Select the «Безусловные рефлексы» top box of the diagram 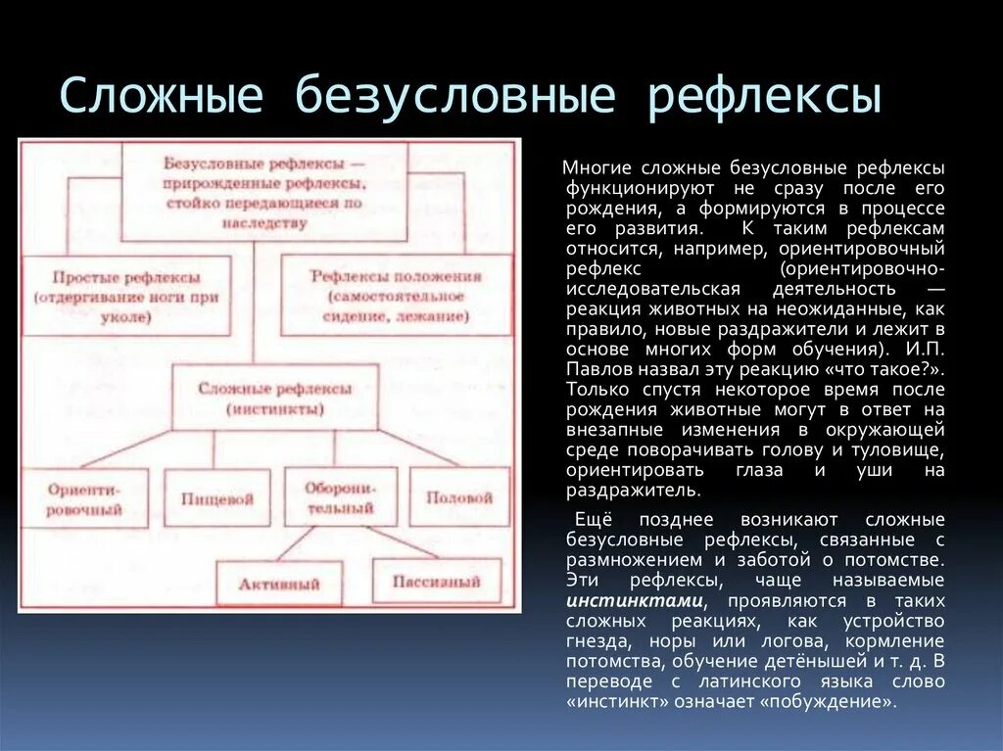click(x=264, y=192)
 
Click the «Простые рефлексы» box click(x=126, y=296)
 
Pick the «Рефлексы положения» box click(x=396, y=296)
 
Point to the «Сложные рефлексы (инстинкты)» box click(x=274, y=398)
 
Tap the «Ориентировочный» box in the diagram click(x=85, y=496)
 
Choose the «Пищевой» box click(x=216, y=498)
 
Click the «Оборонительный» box click(x=340, y=496)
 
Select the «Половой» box click(x=458, y=496)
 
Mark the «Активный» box click(x=279, y=584)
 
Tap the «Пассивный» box click(x=436, y=581)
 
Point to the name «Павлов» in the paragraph click(x=597, y=370)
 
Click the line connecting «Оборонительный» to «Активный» click(x=294, y=543)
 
